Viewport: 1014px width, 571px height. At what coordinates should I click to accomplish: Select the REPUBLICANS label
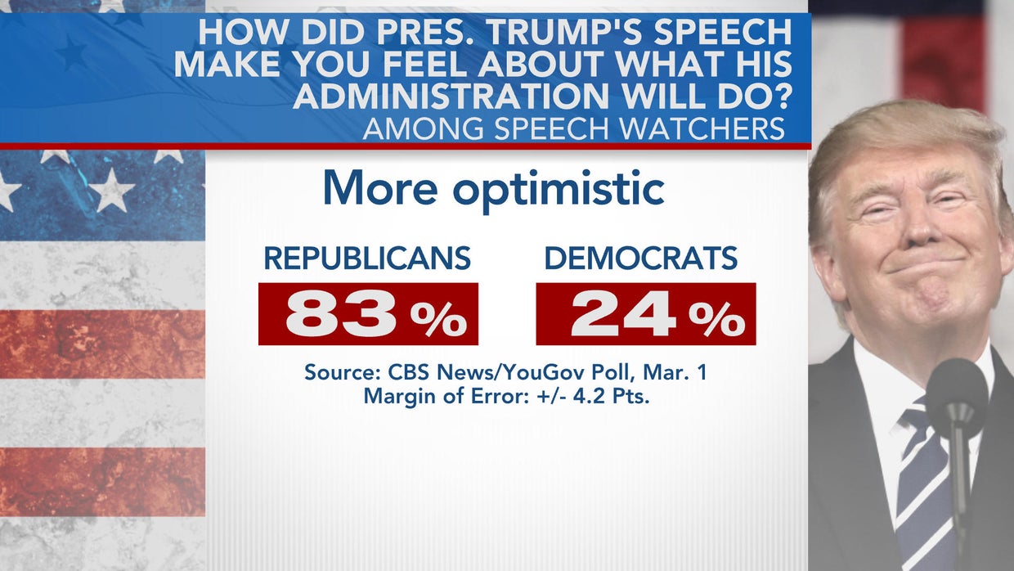point(366,259)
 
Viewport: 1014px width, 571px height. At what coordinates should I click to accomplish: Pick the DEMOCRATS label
point(640,259)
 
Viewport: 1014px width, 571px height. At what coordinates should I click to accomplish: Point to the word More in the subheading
point(379,189)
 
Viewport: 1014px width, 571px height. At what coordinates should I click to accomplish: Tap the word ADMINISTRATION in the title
point(446,95)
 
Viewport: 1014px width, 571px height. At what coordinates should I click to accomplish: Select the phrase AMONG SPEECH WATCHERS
point(573,129)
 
